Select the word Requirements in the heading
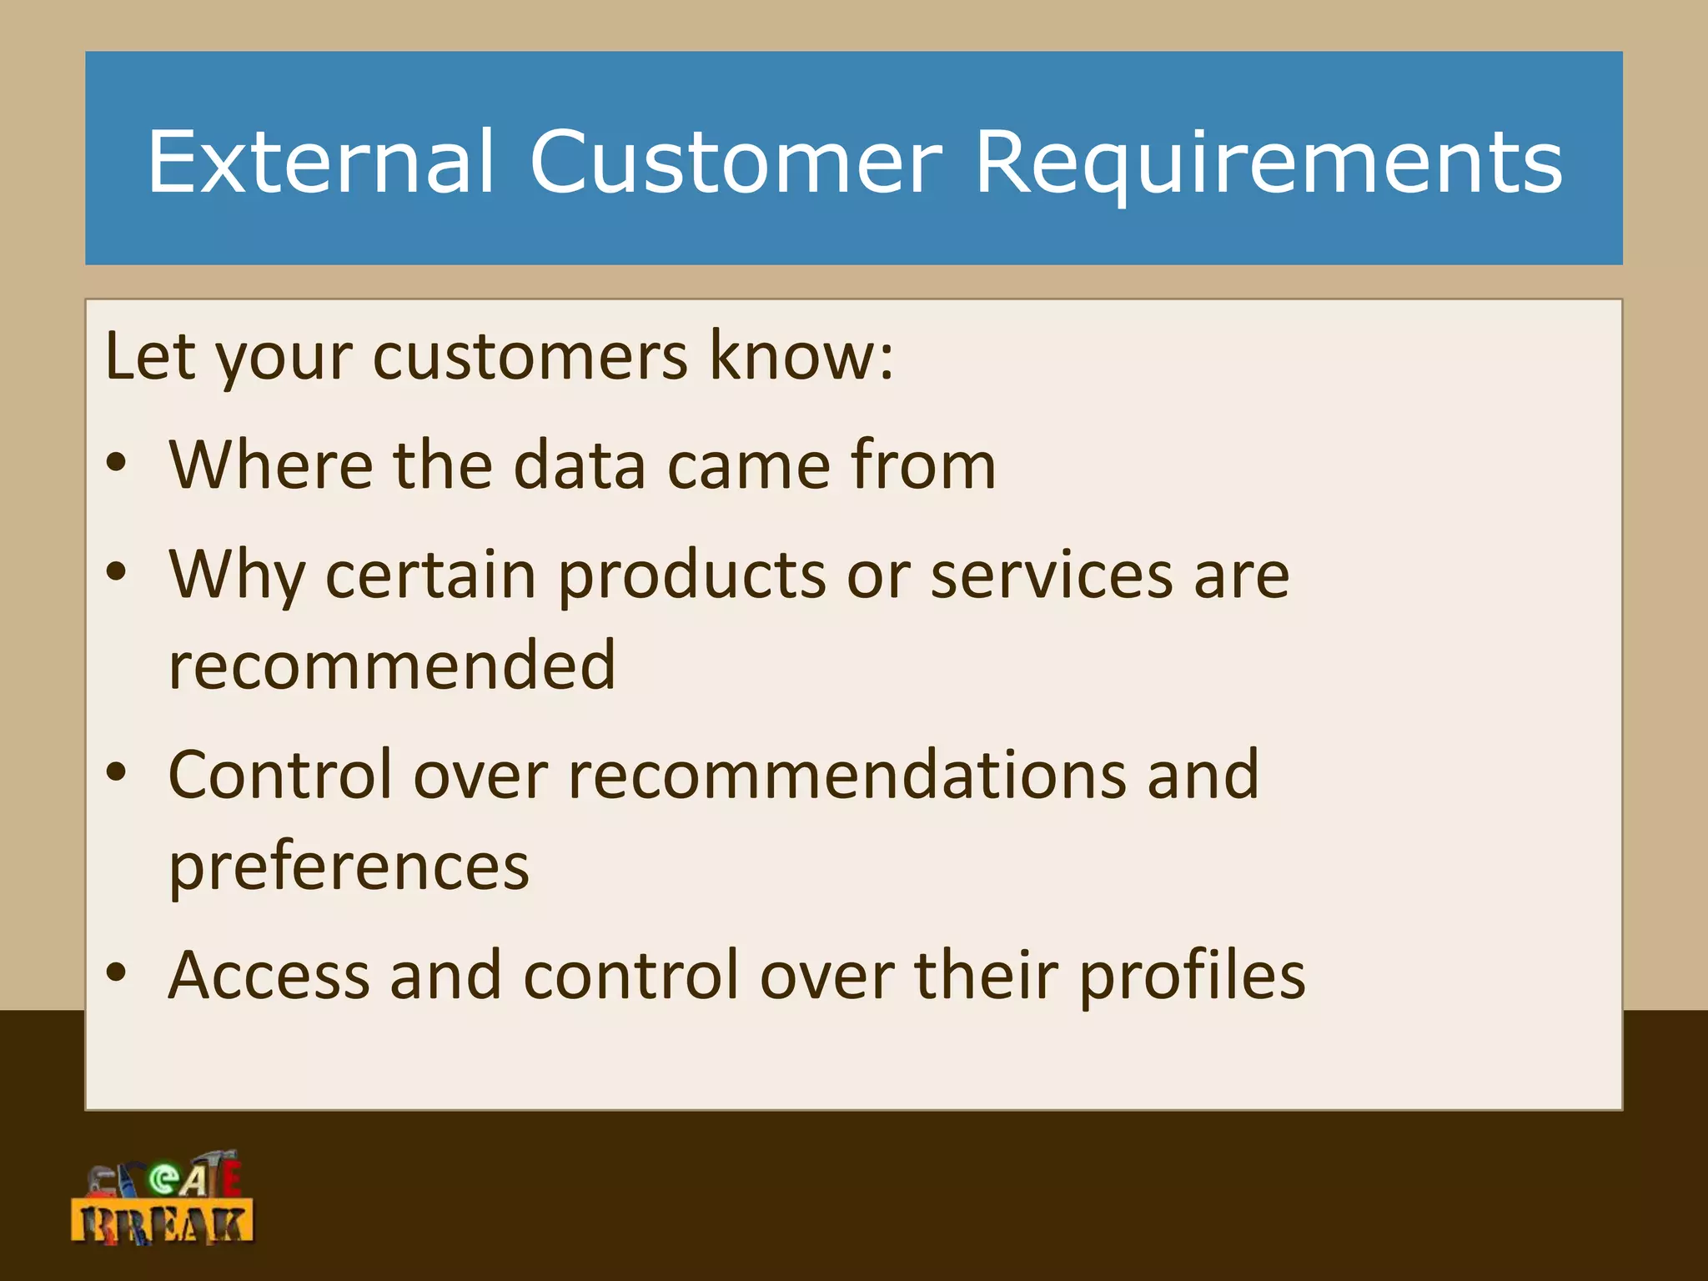tap(1268, 163)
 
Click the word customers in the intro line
tap(530, 357)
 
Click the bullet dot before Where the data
tap(117, 465)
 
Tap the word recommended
tap(392, 666)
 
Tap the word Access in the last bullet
tap(269, 976)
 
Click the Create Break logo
tap(163, 1199)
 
